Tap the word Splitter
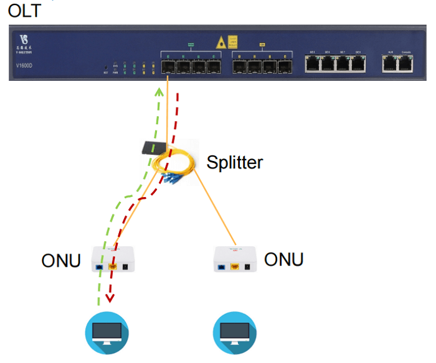[235, 163]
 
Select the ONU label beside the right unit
[284, 259]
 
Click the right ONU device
[235, 260]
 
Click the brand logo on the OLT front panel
[24, 45]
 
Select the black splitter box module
[152, 148]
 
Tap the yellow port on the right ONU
[235, 268]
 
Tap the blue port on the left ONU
[100, 268]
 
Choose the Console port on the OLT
[407, 63]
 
